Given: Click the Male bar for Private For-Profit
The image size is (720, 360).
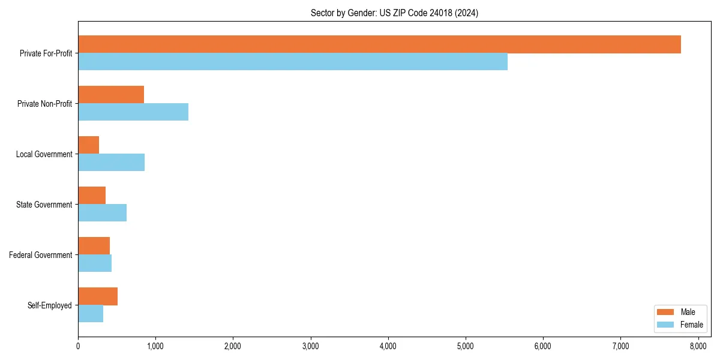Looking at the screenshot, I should [379, 44].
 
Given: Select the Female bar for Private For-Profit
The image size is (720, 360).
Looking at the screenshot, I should [293, 62].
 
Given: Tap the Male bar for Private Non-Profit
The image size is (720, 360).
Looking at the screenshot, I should [111, 95].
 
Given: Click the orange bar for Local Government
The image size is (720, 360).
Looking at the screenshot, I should [89, 145].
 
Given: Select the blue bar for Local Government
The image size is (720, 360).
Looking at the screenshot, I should [111, 163].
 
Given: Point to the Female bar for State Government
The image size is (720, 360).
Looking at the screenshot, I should [102, 213].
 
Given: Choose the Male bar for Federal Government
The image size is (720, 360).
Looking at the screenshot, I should [94, 246].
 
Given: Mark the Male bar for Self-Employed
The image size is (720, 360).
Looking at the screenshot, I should [98, 296].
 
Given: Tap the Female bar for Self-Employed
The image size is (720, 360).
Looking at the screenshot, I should [91, 314].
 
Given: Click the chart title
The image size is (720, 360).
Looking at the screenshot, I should [394, 13].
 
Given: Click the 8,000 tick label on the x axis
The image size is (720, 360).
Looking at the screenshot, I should [698, 346].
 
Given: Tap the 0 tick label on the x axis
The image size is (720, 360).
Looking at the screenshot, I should [78, 346].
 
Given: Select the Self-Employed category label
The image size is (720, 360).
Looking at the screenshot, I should [50, 305].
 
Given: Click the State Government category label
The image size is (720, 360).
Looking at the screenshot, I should [44, 205].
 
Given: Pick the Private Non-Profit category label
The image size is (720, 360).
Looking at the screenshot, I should [45, 104].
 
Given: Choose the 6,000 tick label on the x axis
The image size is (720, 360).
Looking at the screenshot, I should [543, 346].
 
